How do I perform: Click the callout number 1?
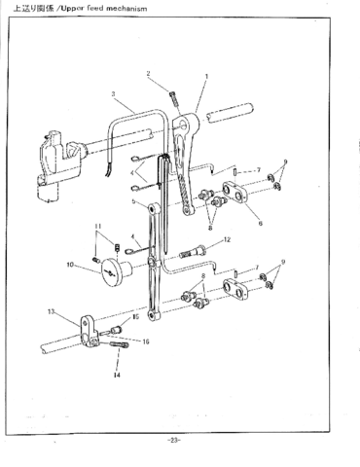coord(206,76)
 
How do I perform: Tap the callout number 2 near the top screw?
coord(149,73)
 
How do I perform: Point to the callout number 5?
coord(134,201)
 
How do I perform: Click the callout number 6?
coord(260,222)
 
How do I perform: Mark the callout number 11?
coord(97,229)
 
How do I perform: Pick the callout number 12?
coord(227,239)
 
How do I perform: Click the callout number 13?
coord(50,311)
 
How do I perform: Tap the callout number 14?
coord(116,374)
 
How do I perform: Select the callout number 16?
coord(146,341)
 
